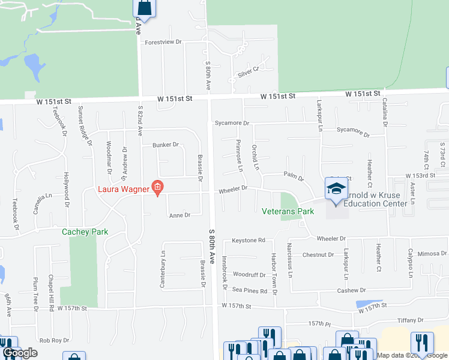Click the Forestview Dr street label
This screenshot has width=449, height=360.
coord(163,43)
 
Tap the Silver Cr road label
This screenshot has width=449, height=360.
coord(247,72)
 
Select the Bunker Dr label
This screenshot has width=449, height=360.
coord(166,145)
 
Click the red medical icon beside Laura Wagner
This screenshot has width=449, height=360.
coord(158,188)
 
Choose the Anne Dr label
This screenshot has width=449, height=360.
coord(179,215)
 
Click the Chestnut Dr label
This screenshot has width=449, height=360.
coord(318,255)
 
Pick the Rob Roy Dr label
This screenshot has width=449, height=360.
coord(54,340)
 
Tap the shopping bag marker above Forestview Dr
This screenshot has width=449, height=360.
coord(145,8)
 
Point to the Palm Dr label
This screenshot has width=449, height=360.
coord(294,176)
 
